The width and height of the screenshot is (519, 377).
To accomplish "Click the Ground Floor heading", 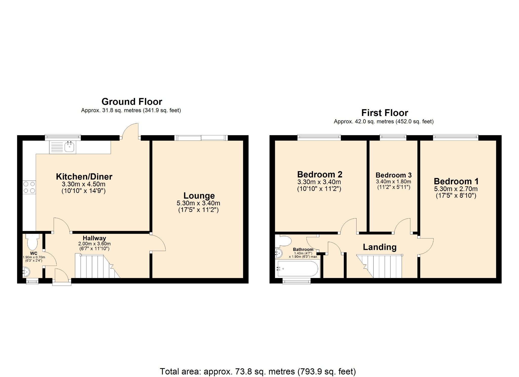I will (132, 102).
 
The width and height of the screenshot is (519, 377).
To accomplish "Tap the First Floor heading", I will (384, 113).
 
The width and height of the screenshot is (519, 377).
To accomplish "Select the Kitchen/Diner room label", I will (84, 176).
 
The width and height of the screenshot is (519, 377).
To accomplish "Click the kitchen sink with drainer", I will (63, 147).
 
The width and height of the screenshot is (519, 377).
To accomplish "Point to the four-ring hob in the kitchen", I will (29, 188).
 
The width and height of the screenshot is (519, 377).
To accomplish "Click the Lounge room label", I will (199, 196).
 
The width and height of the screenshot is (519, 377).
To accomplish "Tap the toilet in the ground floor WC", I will (32, 242).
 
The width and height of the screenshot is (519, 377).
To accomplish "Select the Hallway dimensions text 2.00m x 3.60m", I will (94, 244).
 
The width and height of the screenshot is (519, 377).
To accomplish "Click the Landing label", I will (379, 247).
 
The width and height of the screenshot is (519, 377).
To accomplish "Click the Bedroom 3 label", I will (393, 175).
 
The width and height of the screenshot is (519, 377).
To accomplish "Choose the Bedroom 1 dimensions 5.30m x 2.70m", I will (456, 189).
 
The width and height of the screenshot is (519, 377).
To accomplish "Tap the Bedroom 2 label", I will (320, 174).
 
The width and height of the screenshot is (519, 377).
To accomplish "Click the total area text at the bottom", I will (258, 371).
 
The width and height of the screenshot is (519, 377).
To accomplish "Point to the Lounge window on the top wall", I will (201, 138).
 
